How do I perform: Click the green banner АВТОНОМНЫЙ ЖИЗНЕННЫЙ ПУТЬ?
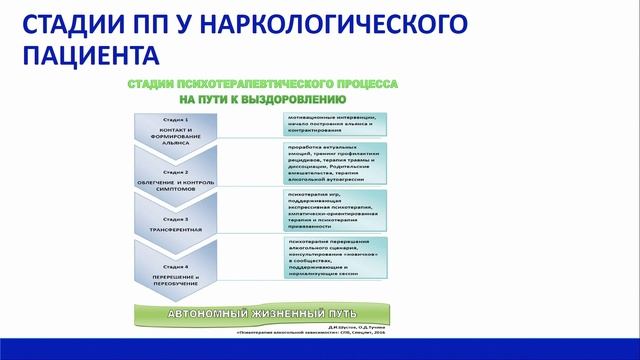260,313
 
